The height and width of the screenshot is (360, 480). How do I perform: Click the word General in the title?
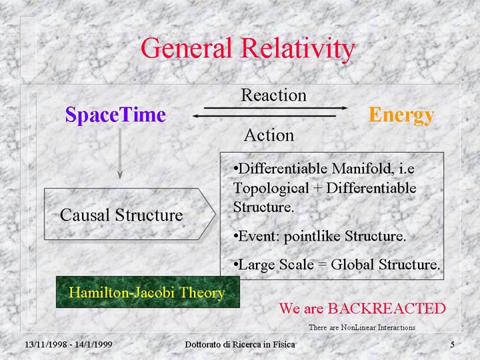[186, 48]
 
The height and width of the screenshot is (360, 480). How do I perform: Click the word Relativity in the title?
[298, 49]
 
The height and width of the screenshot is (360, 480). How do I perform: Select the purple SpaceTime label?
[115, 115]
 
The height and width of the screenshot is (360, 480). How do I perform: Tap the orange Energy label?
[401, 116]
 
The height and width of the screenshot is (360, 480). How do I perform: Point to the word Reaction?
[273, 95]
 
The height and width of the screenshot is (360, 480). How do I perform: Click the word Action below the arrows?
[269, 135]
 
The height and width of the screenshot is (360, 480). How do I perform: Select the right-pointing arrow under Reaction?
[275, 108]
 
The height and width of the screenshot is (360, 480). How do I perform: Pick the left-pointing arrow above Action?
[264, 116]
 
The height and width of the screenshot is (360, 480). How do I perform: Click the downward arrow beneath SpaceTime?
[120, 153]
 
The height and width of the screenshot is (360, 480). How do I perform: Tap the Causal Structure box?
[130, 214]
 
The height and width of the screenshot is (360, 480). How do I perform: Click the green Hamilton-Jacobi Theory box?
[148, 292]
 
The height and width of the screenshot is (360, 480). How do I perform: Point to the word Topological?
[271, 189]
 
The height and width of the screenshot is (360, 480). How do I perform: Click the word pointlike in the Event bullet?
[312, 236]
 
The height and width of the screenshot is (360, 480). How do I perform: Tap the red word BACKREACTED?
[387, 308]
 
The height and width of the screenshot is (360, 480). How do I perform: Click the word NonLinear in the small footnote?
[358, 327]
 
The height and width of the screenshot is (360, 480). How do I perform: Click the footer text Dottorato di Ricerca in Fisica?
[240, 345]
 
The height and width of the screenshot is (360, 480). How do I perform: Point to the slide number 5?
[452, 345]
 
